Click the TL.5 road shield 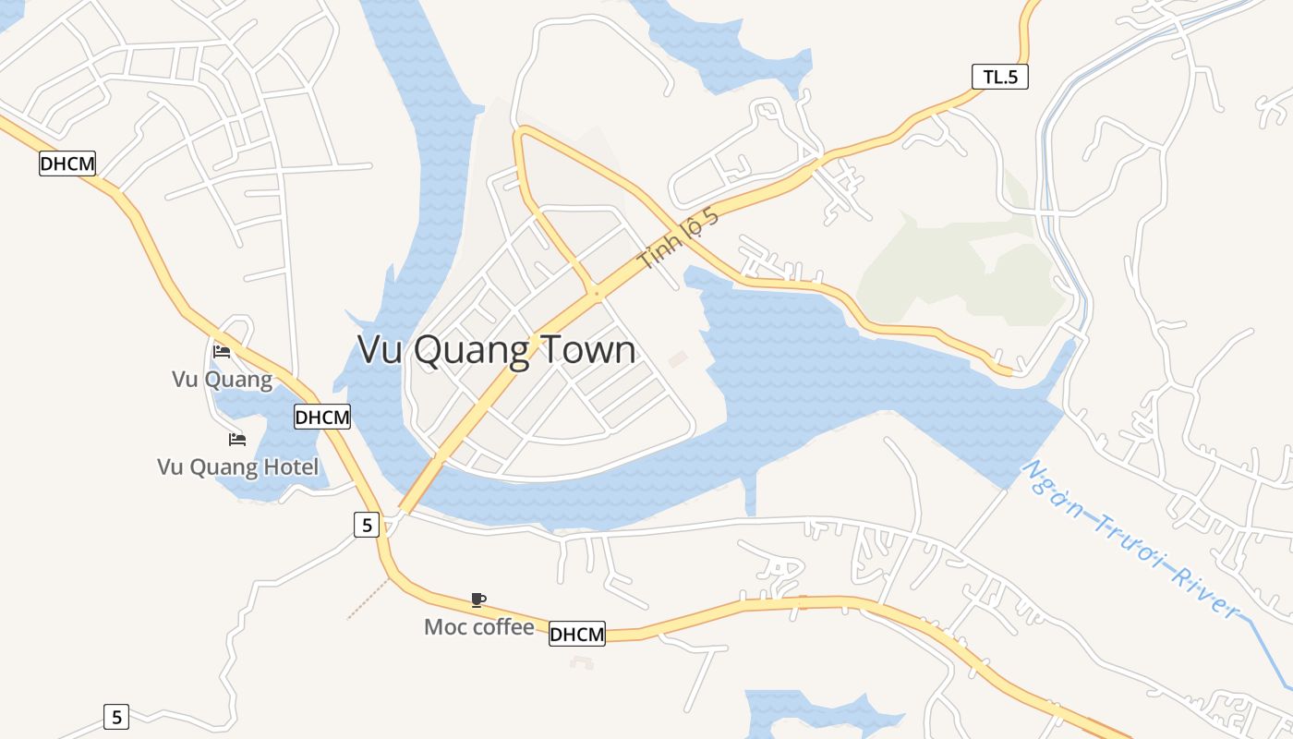[1000, 77]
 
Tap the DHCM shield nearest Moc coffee [577, 634]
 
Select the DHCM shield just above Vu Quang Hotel [322, 417]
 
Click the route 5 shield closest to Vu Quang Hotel [368, 526]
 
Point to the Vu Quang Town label [496, 351]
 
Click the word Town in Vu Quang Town [587, 351]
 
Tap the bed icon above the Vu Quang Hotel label [237, 439]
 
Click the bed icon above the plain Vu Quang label [222, 351]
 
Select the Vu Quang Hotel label [237, 466]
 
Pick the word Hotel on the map [290, 466]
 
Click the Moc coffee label [478, 627]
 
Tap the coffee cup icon [478, 600]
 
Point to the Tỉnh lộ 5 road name [678, 239]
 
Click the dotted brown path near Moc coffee [369, 599]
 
